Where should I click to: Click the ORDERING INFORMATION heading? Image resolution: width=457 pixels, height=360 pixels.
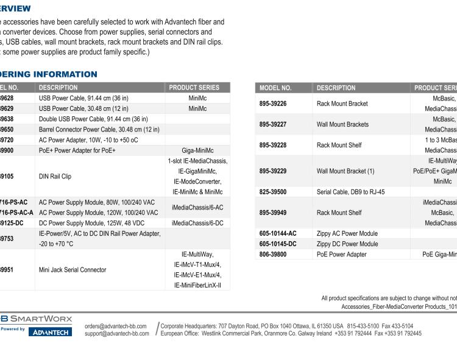49,74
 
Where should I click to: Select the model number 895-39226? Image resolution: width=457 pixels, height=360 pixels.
273,104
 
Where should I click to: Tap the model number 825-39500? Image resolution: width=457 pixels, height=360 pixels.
273,192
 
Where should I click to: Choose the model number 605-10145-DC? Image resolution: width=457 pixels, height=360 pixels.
278,244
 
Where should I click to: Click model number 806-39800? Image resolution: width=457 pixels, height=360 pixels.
273,254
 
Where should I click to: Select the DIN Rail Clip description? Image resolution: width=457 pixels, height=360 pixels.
55,177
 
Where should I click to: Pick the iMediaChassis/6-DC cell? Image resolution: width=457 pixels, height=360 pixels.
197,223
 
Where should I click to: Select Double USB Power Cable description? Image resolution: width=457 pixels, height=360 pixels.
93,119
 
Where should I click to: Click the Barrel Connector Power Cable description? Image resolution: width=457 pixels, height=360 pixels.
99,129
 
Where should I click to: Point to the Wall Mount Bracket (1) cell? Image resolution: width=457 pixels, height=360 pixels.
345,171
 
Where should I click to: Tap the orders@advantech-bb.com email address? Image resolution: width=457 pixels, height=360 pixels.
116,326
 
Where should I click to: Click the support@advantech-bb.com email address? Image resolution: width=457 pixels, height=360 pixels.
116,333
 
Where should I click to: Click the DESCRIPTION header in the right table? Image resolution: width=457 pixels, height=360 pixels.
336,88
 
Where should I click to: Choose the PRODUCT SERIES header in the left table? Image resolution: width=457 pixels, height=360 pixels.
197,88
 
